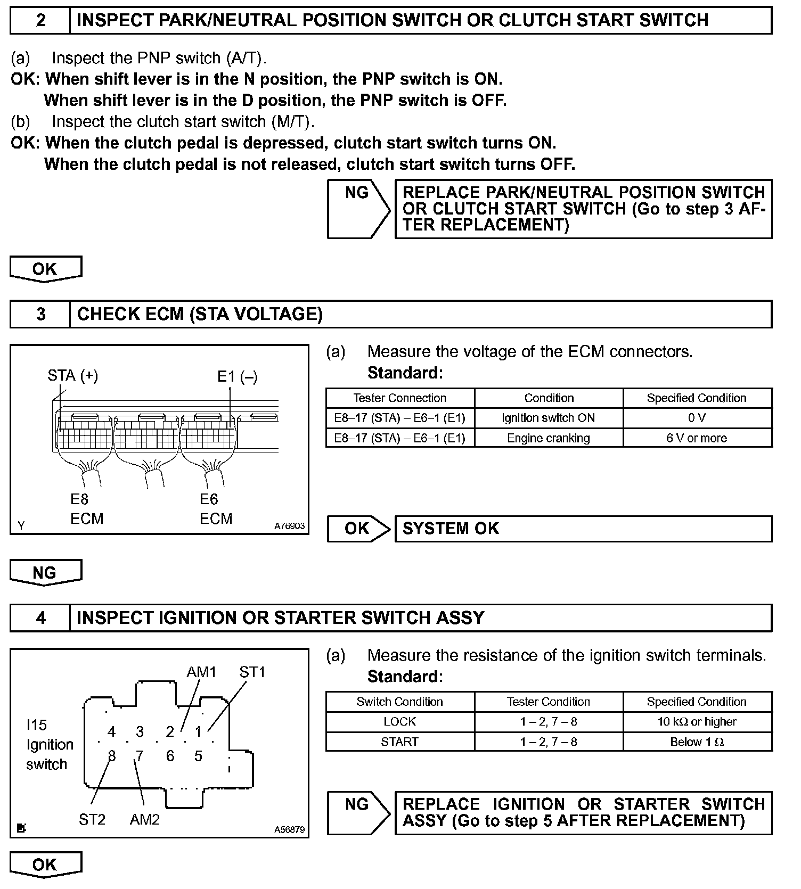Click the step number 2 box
click(x=40, y=21)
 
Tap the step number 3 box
click(x=40, y=314)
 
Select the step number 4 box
click(x=40, y=618)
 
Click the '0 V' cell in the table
click(x=697, y=418)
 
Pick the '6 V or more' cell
click(x=697, y=438)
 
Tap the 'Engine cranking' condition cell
click(x=549, y=438)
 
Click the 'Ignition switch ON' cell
click(x=549, y=418)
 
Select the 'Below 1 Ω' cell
click(x=697, y=742)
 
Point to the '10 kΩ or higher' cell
click(x=697, y=722)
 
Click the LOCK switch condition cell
click(x=400, y=722)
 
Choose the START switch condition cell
click(x=400, y=742)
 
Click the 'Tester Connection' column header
click(x=400, y=398)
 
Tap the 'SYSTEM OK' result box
click(x=583, y=529)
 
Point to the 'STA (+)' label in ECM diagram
click(x=72, y=376)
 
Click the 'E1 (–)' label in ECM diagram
click(x=238, y=377)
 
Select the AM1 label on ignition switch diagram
click(x=201, y=672)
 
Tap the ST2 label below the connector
click(x=92, y=819)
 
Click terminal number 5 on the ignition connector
click(x=198, y=756)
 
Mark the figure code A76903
click(x=289, y=526)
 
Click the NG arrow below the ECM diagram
click(x=46, y=573)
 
